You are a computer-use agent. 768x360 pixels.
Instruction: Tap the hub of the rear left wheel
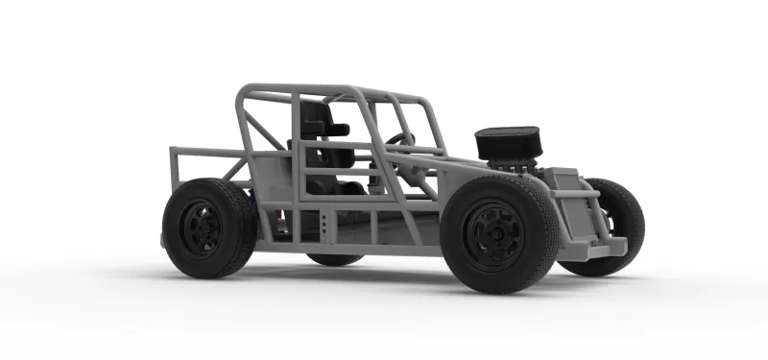click(x=202, y=228)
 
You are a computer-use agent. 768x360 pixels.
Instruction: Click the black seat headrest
click(x=316, y=117)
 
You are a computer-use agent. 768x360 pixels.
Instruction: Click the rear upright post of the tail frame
click(x=173, y=173)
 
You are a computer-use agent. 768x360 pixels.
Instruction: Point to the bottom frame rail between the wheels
click(x=384, y=248)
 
